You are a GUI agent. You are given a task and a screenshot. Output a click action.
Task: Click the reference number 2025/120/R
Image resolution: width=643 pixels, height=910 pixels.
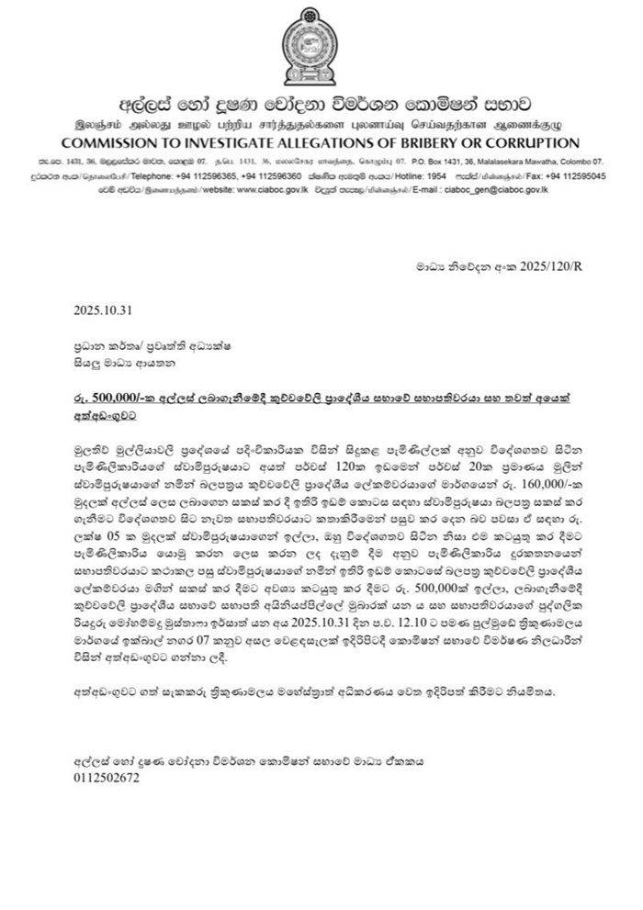pos(542,266)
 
